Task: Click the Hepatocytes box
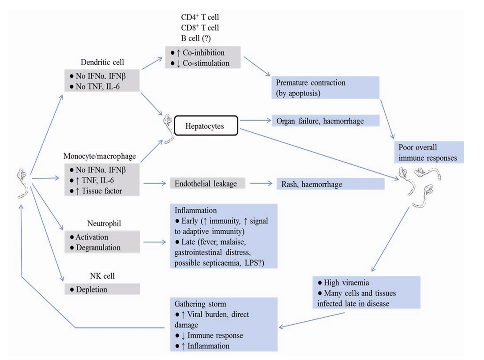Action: coord(206,126)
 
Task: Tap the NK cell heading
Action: coord(102,277)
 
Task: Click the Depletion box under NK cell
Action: coord(102,289)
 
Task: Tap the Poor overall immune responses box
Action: coord(428,152)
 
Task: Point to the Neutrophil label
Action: coord(102,224)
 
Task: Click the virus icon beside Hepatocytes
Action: coord(167,128)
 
